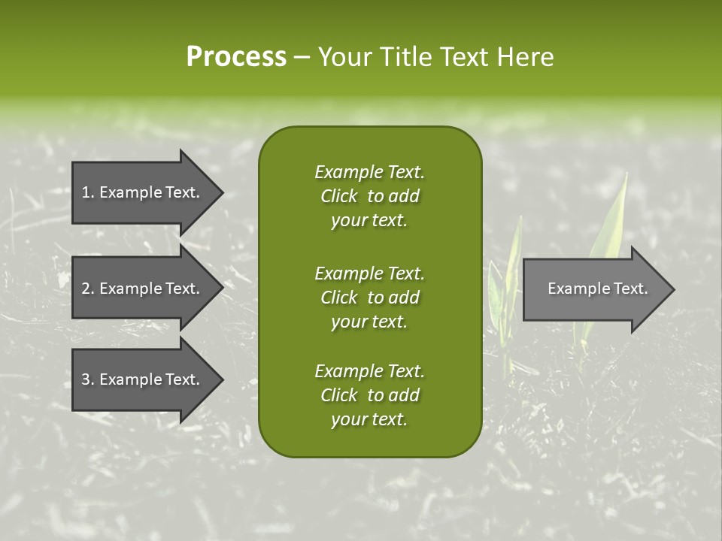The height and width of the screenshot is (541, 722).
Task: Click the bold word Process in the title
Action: [236, 56]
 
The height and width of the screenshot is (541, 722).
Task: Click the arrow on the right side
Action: [594, 289]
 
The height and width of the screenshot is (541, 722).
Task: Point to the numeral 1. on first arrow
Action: [88, 192]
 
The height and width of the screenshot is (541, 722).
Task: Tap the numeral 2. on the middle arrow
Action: [88, 289]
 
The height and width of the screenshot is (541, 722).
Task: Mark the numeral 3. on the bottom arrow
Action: [88, 379]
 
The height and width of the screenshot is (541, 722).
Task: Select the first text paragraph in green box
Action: [369, 196]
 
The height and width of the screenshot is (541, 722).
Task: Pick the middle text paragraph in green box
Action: [369, 297]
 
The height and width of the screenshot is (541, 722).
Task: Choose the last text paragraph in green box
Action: [369, 395]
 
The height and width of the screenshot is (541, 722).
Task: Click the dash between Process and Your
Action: [302, 56]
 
